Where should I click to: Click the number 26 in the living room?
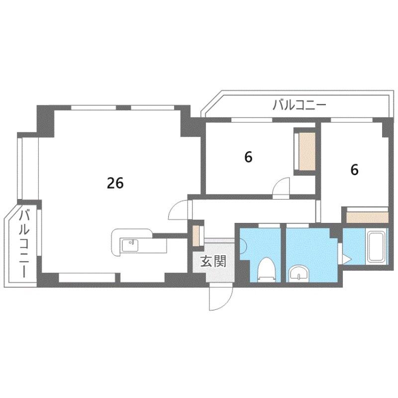pyautogui.click(x=115, y=183)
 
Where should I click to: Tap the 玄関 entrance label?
pyautogui.click(x=213, y=261)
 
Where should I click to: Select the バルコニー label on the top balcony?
pyautogui.click(x=299, y=105)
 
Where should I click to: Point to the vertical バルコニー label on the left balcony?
pyautogui.click(x=24, y=244)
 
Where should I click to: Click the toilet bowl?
pyautogui.click(x=266, y=269)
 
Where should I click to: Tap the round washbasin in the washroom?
pyautogui.click(x=299, y=273)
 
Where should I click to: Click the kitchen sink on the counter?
pyautogui.click(x=130, y=245)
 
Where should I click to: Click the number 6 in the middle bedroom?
pyautogui.click(x=248, y=157)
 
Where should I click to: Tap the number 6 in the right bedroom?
pyautogui.click(x=354, y=170)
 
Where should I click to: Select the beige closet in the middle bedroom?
pyautogui.click(x=307, y=151)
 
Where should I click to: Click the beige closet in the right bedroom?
pyautogui.click(x=367, y=217)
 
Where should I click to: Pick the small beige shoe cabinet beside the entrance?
pyautogui.click(x=196, y=235)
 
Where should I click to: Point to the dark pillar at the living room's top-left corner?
pyautogui.click(x=46, y=121)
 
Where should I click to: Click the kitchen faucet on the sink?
pyautogui.click(x=131, y=242)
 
